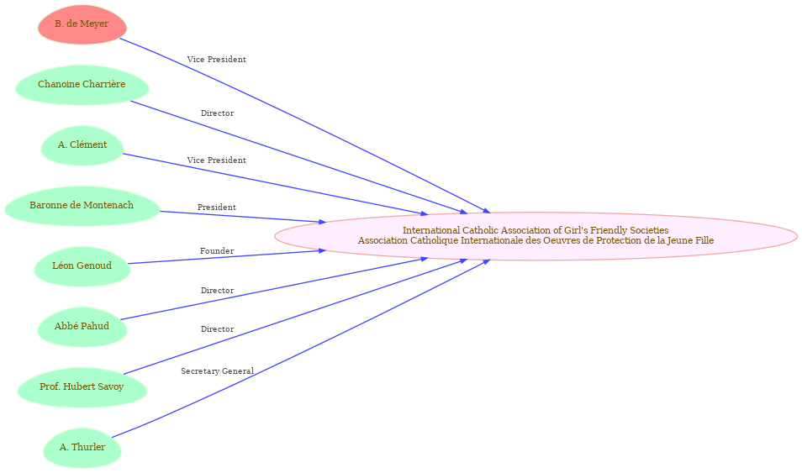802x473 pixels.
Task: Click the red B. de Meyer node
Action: [82, 24]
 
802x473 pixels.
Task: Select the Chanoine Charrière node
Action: [82, 85]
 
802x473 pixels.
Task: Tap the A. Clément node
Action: [82, 145]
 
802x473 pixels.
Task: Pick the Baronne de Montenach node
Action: [82, 206]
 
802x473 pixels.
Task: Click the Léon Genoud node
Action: [82, 265]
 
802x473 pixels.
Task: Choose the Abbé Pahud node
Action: [82, 326]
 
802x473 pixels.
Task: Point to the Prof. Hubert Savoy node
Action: [82, 387]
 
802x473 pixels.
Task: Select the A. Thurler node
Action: [82, 448]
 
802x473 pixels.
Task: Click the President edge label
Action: [217, 208]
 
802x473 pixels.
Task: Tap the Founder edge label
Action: [217, 250]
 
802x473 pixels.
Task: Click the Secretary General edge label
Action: [218, 371]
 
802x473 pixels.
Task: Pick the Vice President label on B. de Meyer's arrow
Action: [216, 60]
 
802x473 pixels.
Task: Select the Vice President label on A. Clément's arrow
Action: [216, 160]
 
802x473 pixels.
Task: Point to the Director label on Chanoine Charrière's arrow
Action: [218, 113]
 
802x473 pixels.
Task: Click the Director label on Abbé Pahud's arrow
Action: [218, 291]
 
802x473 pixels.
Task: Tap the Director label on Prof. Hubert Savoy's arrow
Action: [218, 328]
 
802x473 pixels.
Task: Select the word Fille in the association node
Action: [704, 240]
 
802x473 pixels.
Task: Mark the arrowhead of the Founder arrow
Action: [323, 250]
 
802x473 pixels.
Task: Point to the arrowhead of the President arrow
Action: [323, 222]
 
